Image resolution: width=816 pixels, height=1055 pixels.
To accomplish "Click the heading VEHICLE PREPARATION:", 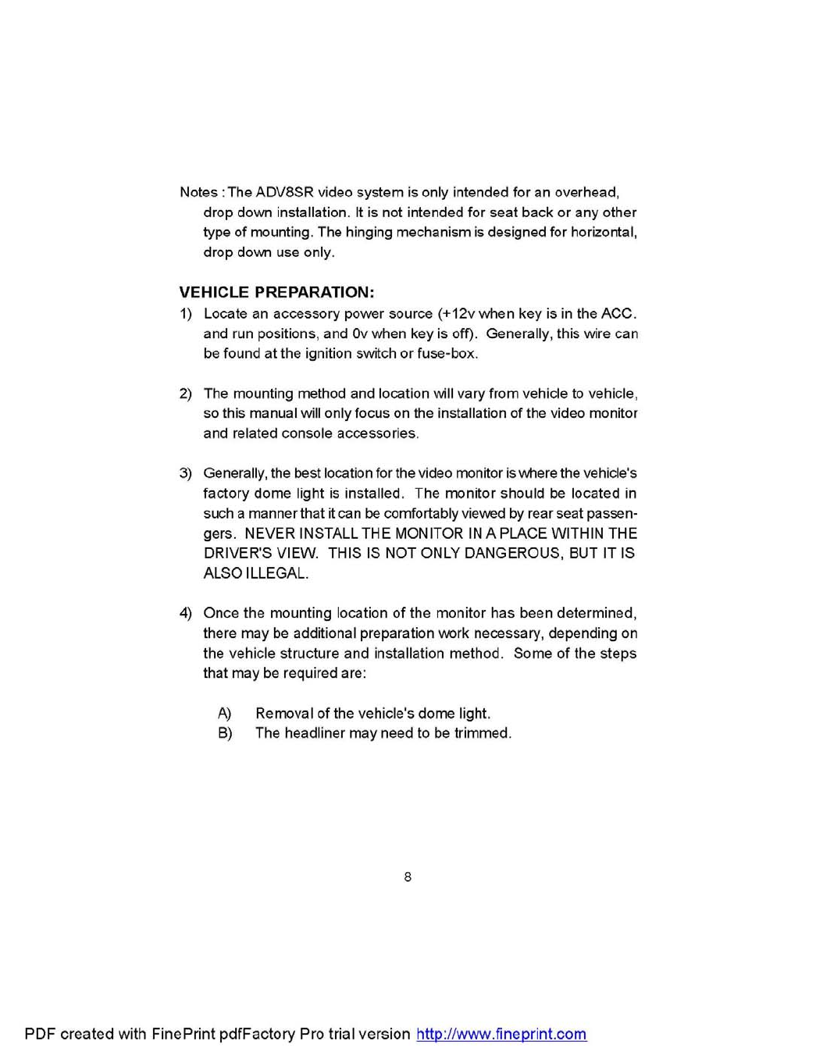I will coord(276,293).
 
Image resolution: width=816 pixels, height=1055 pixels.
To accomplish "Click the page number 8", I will coord(408,877).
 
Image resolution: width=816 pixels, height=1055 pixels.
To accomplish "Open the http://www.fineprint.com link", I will coord(501,1034).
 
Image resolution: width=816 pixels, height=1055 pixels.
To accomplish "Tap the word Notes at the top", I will coord(199,192).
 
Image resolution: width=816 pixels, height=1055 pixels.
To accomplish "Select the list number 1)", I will coord(186,314).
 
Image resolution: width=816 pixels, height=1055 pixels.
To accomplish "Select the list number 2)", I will coord(186,394).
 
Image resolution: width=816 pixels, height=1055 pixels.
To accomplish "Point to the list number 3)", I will coord(186,473).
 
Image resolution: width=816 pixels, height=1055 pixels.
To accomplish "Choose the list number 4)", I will coord(186,613).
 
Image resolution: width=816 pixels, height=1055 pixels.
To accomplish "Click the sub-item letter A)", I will coord(225,713).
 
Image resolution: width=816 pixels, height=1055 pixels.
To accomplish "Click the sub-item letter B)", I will coord(225,733).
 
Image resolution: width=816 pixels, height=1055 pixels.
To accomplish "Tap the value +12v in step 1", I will coord(458,314).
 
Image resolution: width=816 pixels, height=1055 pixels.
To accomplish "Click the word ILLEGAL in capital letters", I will coord(277,573).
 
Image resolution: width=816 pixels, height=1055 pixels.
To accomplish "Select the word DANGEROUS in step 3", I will coord(512,553).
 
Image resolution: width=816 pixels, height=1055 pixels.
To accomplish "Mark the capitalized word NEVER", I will coord(269,533).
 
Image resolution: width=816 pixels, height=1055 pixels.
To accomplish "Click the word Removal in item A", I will coord(283,713).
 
